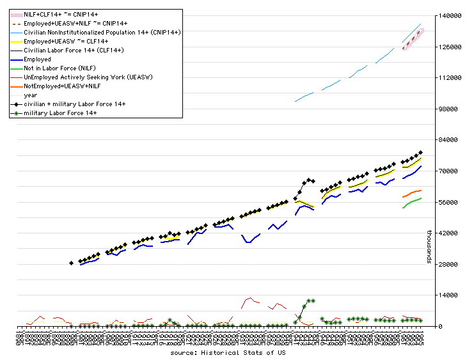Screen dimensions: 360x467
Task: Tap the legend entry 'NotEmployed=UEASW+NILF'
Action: click(x=61, y=86)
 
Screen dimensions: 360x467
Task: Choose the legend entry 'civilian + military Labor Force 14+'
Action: click(x=74, y=104)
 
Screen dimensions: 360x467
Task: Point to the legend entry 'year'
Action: click(x=31, y=95)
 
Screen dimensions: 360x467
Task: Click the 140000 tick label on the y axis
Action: click(x=450, y=16)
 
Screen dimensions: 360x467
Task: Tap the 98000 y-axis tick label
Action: click(x=450, y=109)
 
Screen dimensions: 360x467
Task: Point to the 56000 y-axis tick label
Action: click(x=450, y=203)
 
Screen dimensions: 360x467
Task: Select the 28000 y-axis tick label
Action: click(x=450, y=265)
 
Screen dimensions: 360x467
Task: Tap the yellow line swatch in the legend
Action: click(x=13, y=41)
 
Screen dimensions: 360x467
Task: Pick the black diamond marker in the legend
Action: click(x=13, y=104)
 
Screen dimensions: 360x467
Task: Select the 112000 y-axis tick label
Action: click(x=450, y=78)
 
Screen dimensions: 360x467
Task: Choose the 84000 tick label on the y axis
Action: click(x=450, y=141)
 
